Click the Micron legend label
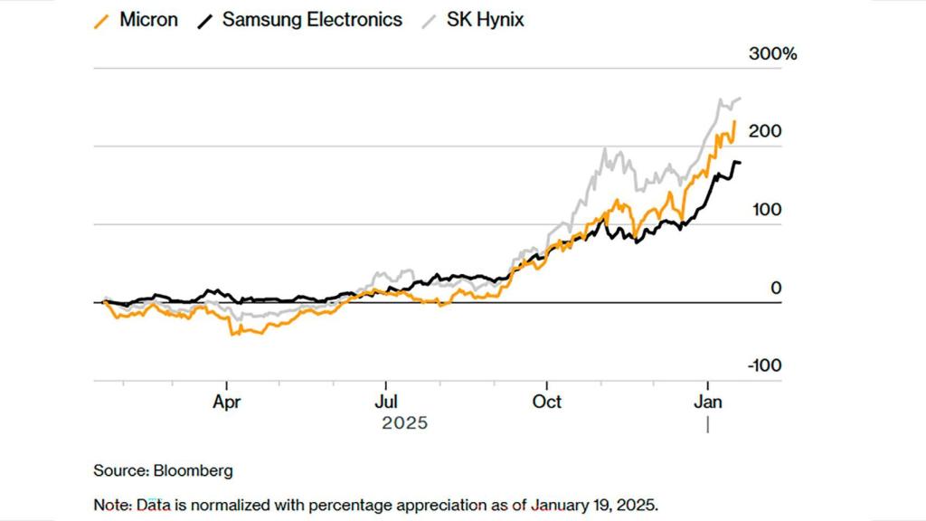click(148, 19)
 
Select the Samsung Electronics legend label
click(312, 19)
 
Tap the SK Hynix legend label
click(486, 19)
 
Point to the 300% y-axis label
click(773, 54)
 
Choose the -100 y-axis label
click(763, 365)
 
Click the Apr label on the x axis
click(226, 401)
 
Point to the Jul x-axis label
click(386, 401)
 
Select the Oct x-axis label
click(546, 401)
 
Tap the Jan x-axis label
click(707, 401)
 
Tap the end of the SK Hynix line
click(741, 98)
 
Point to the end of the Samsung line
click(741, 163)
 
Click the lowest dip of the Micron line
click(233, 335)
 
